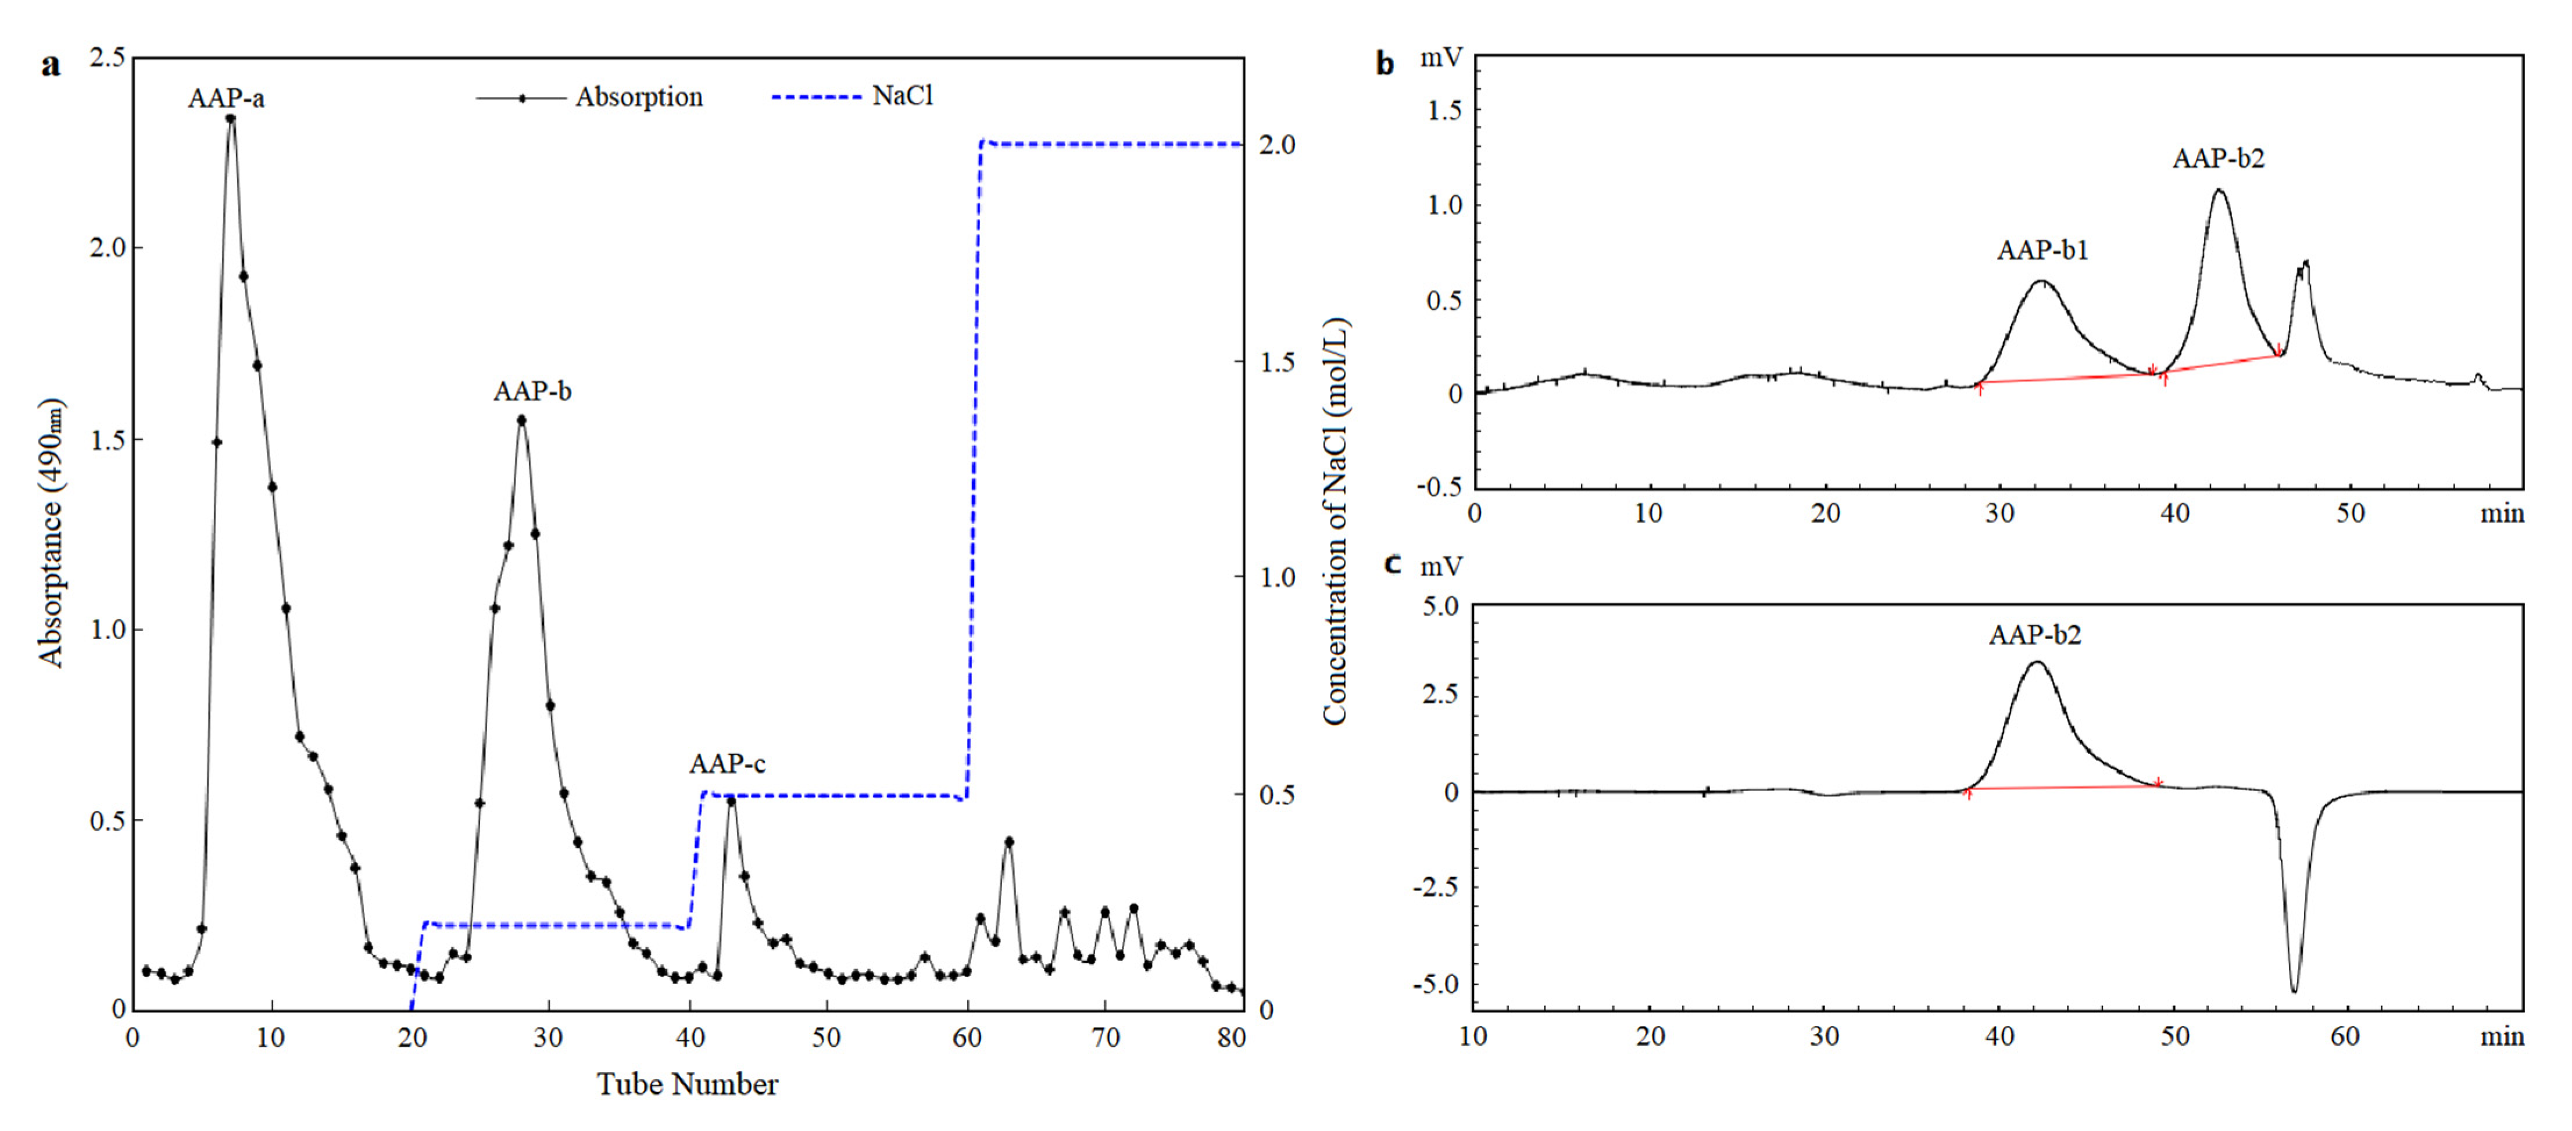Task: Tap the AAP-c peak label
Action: point(727,764)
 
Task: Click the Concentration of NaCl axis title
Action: point(1335,521)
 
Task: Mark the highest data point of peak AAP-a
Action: point(231,119)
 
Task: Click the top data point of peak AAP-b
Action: point(521,420)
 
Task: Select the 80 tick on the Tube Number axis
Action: point(1231,1038)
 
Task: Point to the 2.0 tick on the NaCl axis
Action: point(1277,145)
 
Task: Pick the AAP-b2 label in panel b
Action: point(2217,159)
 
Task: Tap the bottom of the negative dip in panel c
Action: point(2294,990)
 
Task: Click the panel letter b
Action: point(1385,64)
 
